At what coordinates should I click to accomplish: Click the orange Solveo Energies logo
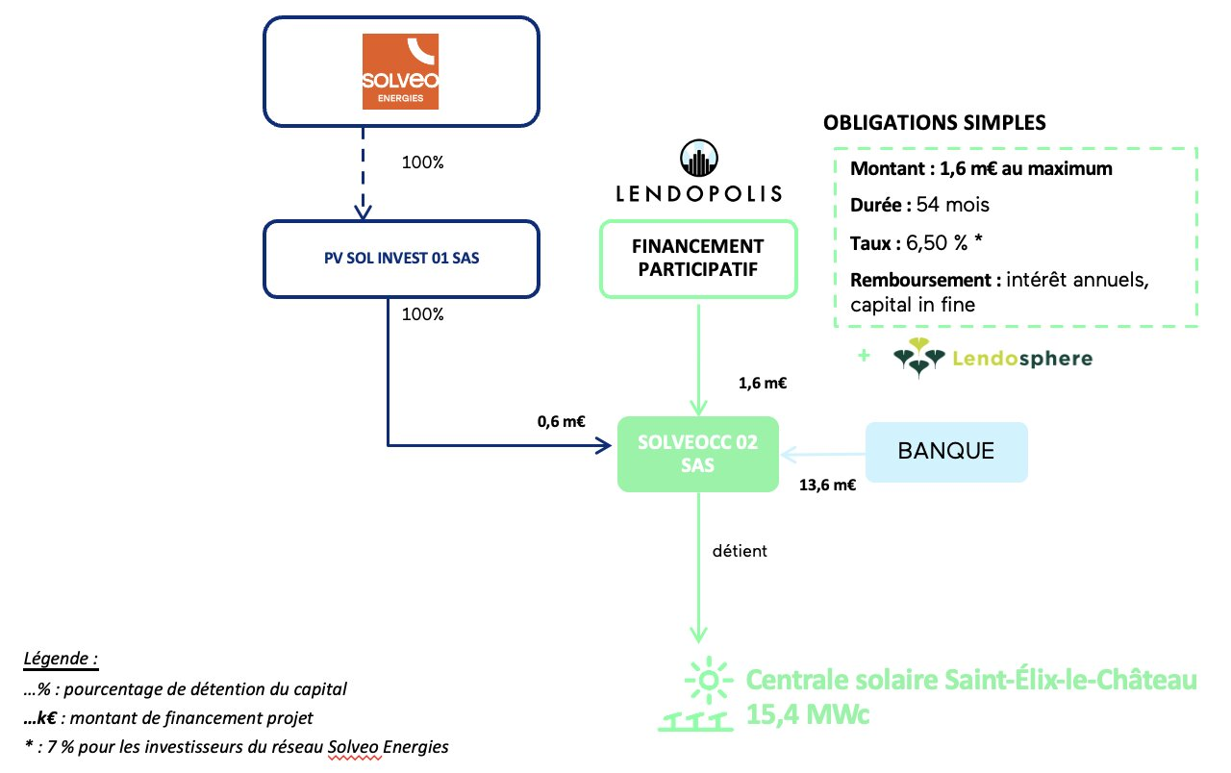pyautogui.click(x=400, y=72)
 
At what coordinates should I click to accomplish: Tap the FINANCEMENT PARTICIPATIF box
pyautogui.click(x=698, y=259)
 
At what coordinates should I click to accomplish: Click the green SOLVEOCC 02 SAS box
pyautogui.click(x=697, y=454)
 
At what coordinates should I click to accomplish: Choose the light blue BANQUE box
pyautogui.click(x=946, y=452)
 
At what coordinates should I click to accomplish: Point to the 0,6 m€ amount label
pyautogui.click(x=563, y=421)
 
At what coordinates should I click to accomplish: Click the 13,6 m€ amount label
pyautogui.click(x=828, y=486)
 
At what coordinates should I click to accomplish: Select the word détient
pyautogui.click(x=741, y=552)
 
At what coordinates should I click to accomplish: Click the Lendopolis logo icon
pyautogui.click(x=699, y=158)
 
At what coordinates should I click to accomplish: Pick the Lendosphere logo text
pyautogui.click(x=1022, y=359)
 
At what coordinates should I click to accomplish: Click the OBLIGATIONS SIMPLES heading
pyautogui.click(x=934, y=124)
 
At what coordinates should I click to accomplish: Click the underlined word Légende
pyautogui.click(x=61, y=661)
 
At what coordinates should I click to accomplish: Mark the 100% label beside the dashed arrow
pyautogui.click(x=422, y=162)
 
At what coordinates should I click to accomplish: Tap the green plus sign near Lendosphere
pyautogui.click(x=864, y=357)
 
